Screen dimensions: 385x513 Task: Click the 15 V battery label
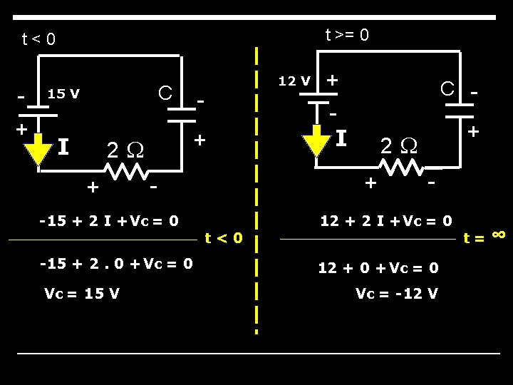63,93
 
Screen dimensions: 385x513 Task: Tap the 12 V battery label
294,81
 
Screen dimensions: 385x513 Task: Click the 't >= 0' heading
347,34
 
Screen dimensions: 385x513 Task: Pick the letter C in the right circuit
447,88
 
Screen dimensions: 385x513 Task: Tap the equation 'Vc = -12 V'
397,294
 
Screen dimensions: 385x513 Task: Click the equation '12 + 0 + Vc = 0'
378,267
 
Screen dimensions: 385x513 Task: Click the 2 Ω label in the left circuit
125,150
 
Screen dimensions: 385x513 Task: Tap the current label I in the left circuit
63,148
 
